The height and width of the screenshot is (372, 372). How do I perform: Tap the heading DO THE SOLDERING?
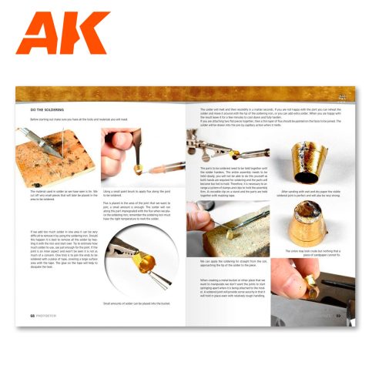[x=48, y=110]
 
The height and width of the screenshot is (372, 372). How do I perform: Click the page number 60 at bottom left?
[x=33, y=315]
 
